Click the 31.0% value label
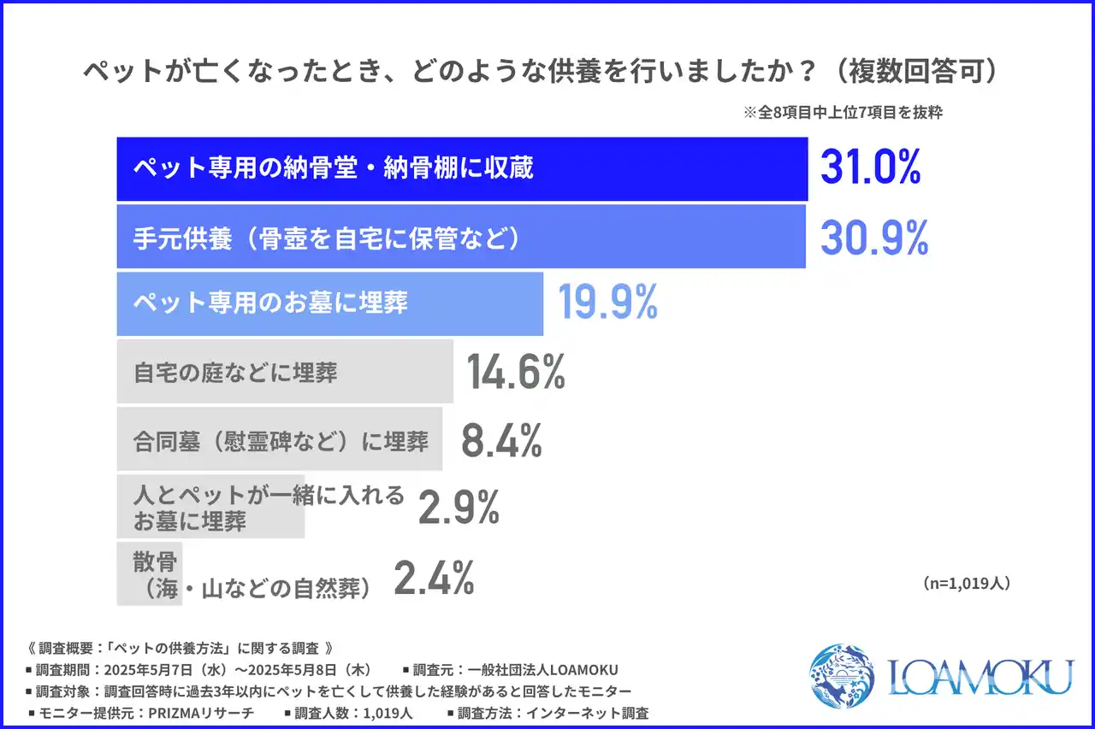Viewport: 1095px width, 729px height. [870, 168]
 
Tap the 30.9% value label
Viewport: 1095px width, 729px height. [873, 238]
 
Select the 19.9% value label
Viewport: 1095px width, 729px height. [607, 302]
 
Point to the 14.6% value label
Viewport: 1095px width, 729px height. [516, 373]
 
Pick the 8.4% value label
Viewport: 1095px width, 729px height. [501, 441]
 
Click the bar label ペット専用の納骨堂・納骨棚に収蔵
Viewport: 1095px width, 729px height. [333, 168]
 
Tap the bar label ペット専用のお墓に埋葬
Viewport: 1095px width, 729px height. [270, 302]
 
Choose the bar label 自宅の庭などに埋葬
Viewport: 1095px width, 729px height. [235, 373]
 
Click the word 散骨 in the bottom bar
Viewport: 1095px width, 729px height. [155, 562]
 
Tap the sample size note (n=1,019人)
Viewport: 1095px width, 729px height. [967, 583]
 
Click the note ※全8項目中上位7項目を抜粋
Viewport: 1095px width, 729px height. [842, 112]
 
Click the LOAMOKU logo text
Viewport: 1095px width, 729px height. [980, 677]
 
